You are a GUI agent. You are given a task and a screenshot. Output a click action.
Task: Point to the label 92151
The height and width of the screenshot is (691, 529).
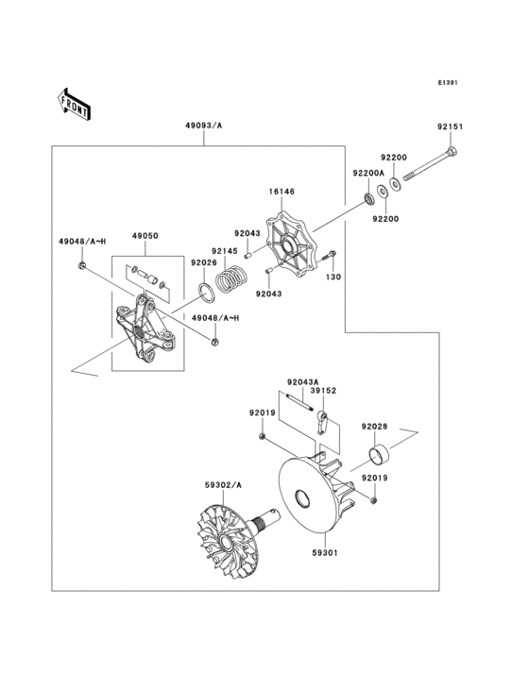[x=450, y=127]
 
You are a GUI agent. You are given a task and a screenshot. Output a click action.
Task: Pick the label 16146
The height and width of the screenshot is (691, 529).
[x=282, y=192]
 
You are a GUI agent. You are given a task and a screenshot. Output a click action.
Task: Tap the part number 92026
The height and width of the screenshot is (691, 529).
[x=203, y=262]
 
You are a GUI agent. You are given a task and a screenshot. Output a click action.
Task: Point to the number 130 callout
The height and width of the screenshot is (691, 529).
[x=333, y=278]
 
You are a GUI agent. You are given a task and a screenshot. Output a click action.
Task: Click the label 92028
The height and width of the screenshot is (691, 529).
[x=374, y=427]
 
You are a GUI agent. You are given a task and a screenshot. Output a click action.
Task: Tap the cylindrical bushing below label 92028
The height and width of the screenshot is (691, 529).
[x=379, y=460]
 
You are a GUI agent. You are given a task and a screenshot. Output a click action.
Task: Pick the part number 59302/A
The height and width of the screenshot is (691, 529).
[x=224, y=484]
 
